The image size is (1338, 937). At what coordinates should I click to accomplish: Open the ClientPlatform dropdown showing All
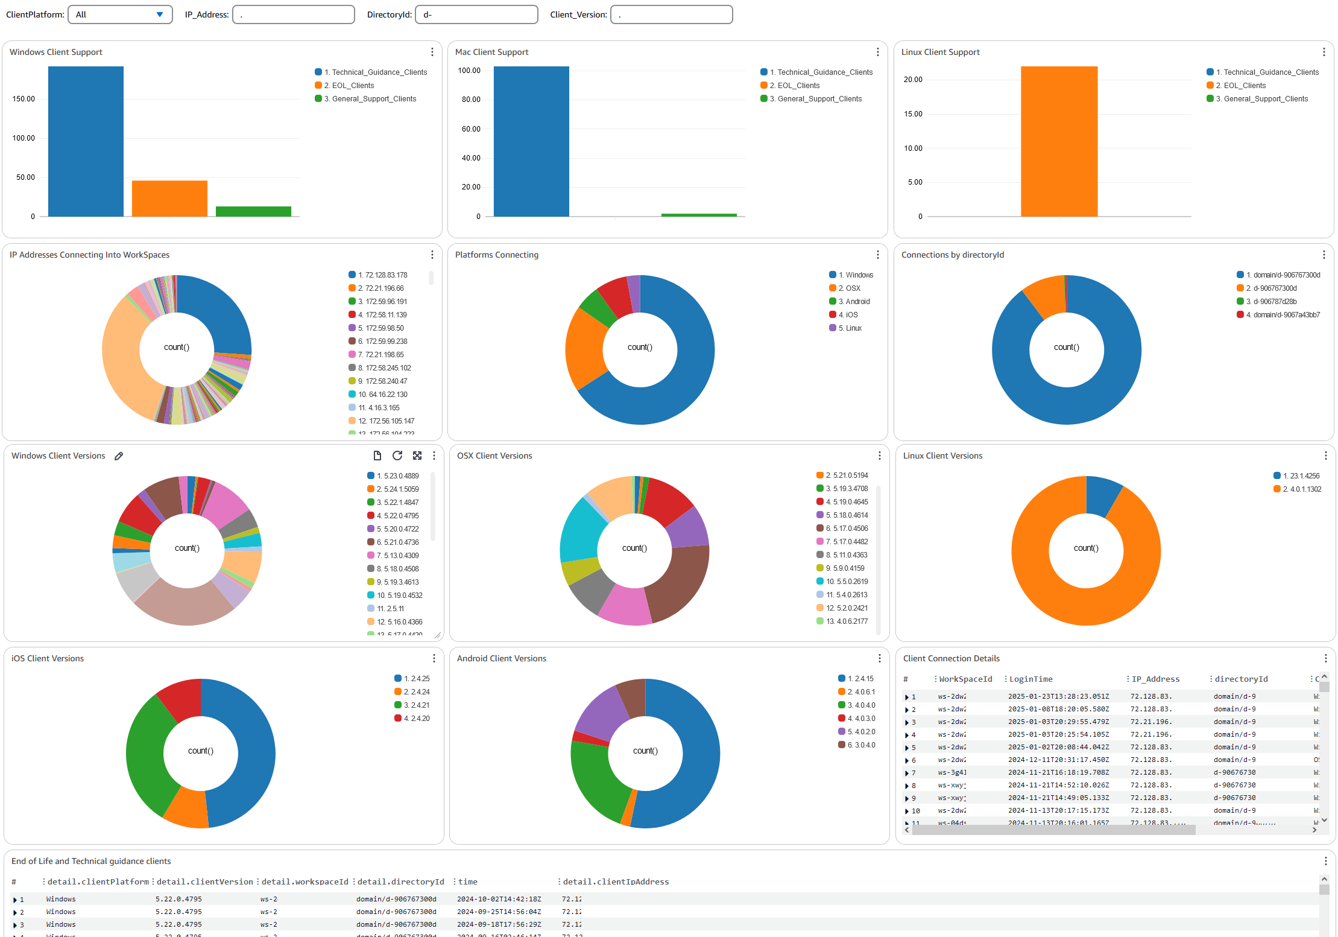[x=120, y=14]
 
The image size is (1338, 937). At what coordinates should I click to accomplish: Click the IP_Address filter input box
[x=294, y=14]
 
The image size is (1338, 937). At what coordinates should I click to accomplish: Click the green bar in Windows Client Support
[x=253, y=211]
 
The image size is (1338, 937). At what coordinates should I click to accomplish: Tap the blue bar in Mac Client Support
[x=531, y=141]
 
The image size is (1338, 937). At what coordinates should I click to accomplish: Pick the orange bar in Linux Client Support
[x=1059, y=141]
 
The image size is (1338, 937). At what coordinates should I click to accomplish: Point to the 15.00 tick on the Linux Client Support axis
[x=913, y=114]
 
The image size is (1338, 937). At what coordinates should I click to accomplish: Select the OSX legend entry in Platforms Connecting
[x=853, y=288]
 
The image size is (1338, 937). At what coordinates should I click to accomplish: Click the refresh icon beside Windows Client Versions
[x=397, y=456]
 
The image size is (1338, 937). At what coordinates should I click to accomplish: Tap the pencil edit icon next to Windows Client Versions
[x=119, y=456]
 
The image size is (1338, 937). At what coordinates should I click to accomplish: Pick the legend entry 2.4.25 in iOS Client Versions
[x=417, y=679]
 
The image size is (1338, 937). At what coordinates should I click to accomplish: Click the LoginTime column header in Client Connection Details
[x=1030, y=679]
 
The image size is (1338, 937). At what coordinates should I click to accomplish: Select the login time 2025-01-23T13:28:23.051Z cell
[x=1058, y=697]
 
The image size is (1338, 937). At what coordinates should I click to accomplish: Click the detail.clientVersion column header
[x=204, y=882]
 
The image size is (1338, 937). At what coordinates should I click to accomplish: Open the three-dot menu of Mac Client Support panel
[x=878, y=52]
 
